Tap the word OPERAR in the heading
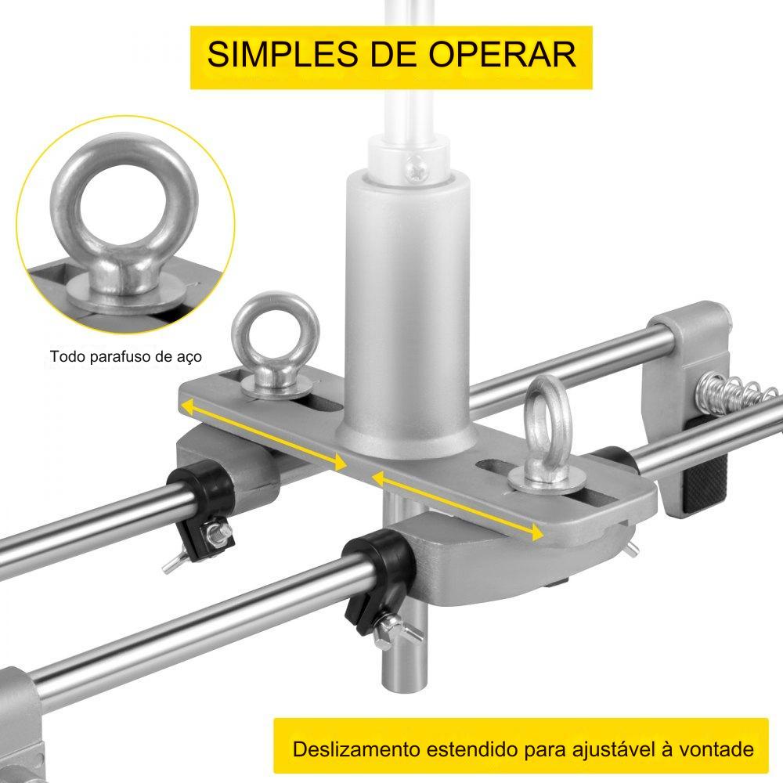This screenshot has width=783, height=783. click(503, 54)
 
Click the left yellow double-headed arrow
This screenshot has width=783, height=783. click(264, 435)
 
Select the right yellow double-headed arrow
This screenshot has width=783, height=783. click(457, 505)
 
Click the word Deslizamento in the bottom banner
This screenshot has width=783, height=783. click(356, 749)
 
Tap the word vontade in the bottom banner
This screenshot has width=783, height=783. click(716, 749)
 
